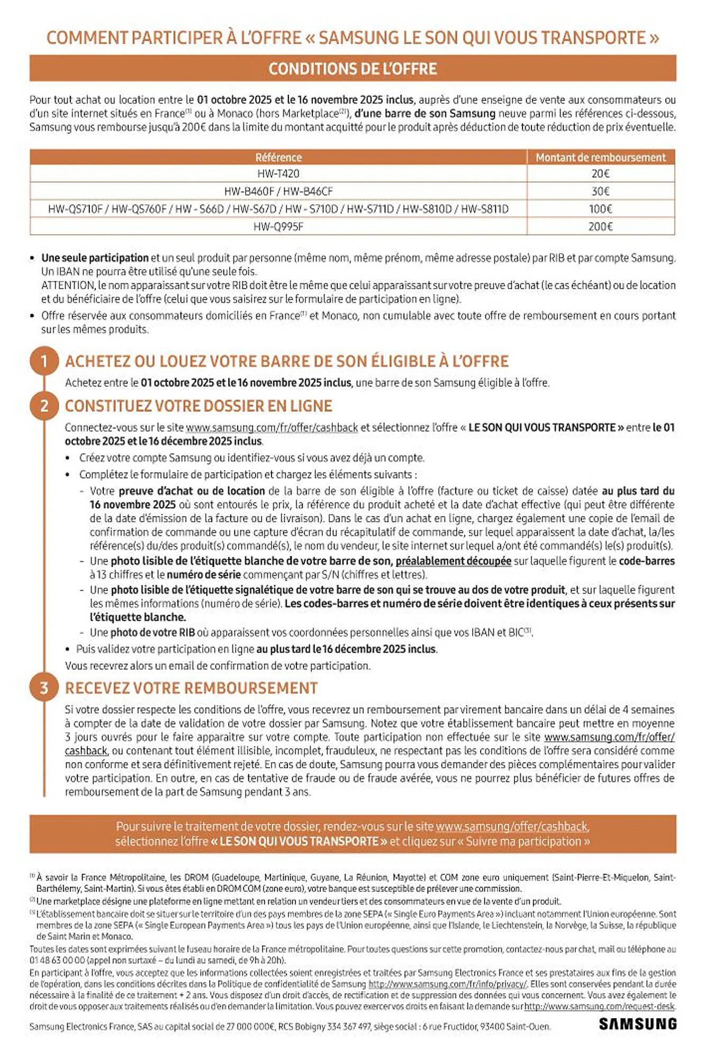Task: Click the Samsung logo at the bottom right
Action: click(x=637, y=1024)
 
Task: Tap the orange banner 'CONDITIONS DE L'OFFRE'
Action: click(x=352, y=69)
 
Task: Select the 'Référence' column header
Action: click(x=278, y=157)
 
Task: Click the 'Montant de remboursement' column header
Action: click(x=600, y=157)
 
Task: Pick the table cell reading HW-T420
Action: click(x=278, y=174)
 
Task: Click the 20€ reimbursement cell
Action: click(x=600, y=174)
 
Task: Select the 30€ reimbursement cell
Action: click(x=600, y=191)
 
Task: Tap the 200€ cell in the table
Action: click(x=600, y=227)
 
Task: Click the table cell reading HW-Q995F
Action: click(x=278, y=227)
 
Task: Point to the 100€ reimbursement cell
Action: click(x=600, y=209)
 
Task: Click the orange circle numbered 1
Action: click(x=44, y=361)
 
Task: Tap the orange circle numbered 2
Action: click(x=44, y=406)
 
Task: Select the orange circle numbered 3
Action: click(x=44, y=688)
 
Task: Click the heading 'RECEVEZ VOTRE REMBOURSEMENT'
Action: click(x=191, y=688)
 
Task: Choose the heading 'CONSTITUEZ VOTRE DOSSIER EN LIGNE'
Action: click(x=198, y=406)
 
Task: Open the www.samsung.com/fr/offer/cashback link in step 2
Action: click(x=272, y=427)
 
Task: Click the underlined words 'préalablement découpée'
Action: click(x=453, y=561)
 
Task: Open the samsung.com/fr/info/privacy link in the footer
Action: click(x=447, y=984)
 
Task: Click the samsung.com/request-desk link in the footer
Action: click(x=600, y=1006)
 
